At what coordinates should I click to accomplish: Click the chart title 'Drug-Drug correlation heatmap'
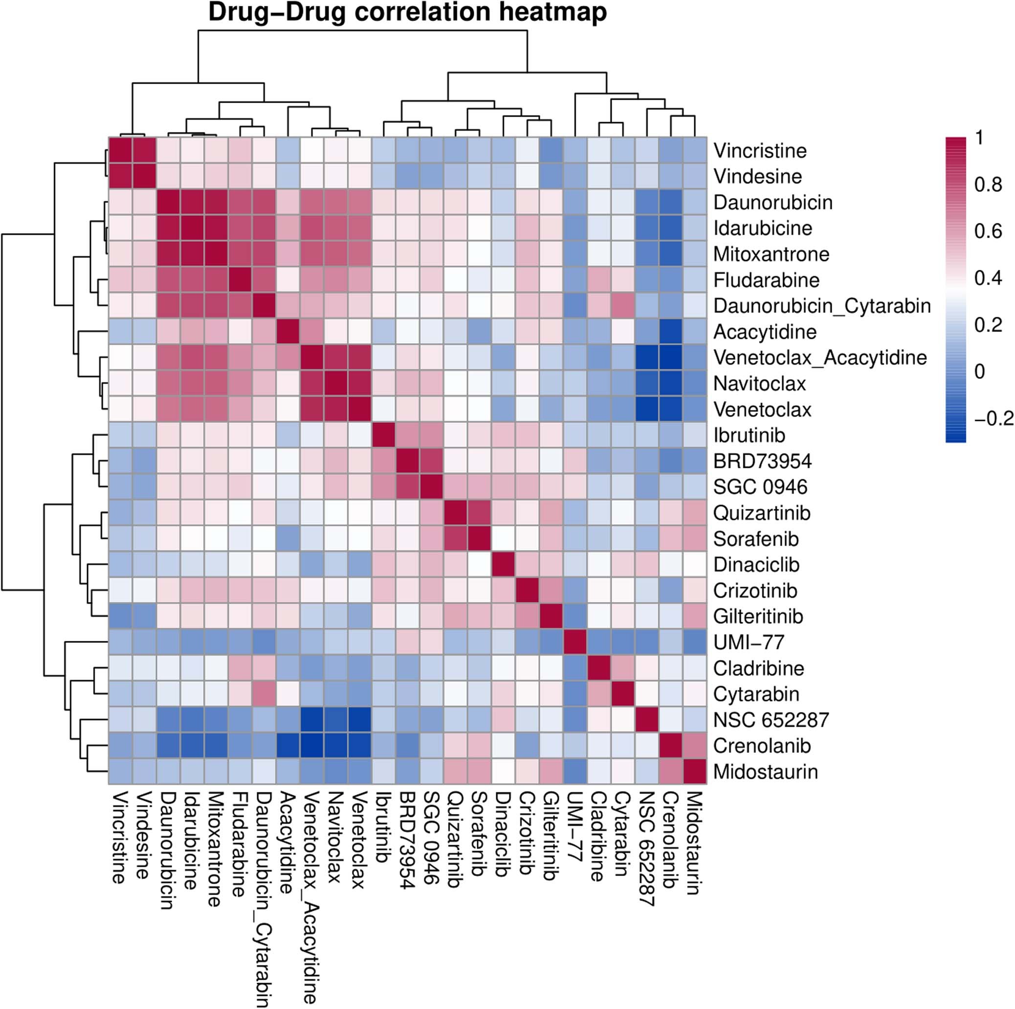point(407,13)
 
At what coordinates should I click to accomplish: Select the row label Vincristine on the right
point(760,151)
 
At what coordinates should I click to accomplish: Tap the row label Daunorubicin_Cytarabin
point(822,306)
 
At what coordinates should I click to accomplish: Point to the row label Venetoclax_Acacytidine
point(819,358)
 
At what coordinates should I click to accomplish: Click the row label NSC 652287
point(771,720)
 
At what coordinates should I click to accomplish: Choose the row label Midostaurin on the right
point(765,771)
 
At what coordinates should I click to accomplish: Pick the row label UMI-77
point(749,642)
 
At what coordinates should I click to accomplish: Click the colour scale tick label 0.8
point(988,184)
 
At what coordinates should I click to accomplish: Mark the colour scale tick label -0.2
point(993,418)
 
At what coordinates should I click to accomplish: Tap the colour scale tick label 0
point(979,372)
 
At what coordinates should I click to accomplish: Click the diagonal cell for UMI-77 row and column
point(575,642)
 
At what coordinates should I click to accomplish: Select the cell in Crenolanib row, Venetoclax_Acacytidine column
point(311,746)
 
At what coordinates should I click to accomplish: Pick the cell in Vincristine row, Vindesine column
point(144,151)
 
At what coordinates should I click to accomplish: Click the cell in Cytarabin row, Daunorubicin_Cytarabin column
point(264,694)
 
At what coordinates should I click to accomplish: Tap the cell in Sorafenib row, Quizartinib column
point(455,539)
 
